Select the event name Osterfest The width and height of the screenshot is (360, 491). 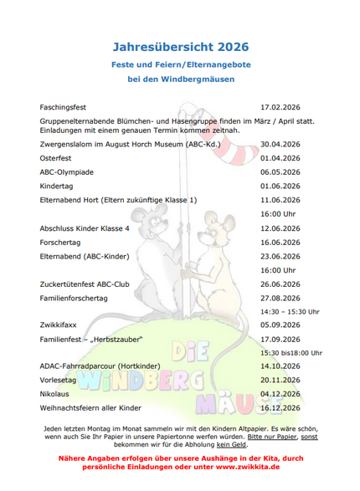pos(55,157)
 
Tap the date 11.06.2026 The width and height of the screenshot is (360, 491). pos(280,200)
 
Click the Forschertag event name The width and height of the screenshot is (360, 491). pos(60,243)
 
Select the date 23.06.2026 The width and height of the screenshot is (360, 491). pos(280,256)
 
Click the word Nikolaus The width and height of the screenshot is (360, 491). pos(54,393)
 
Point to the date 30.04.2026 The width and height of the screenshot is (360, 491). pos(280,144)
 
